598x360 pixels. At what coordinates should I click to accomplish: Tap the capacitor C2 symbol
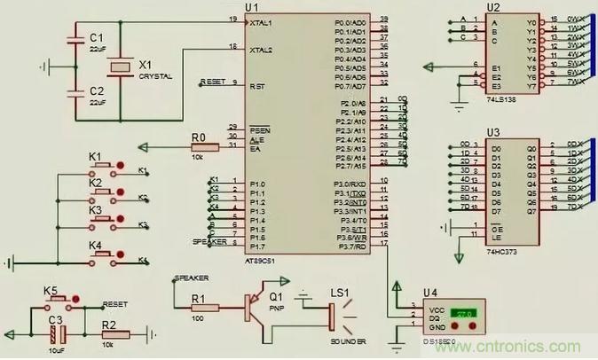[75, 93]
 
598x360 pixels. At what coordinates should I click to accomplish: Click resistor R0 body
[199, 146]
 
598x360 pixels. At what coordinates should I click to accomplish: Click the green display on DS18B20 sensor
[461, 315]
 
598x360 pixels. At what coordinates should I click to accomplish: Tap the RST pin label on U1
[257, 86]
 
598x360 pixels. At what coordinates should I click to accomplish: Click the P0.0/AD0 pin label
[350, 21]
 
